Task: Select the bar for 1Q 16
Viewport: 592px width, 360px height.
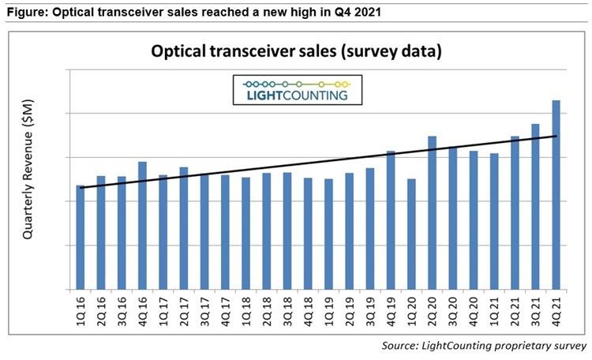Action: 81,238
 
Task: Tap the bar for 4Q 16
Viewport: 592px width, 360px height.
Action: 142,226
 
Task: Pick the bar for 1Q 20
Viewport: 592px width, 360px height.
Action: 411,234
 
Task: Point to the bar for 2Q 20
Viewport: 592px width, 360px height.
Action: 432,213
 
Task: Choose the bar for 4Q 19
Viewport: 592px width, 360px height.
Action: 391,220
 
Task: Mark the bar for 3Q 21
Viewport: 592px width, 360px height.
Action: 535,207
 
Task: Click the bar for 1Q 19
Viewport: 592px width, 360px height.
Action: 328,234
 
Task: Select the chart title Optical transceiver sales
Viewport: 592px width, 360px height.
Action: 296,53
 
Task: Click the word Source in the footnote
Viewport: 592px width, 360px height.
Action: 402,346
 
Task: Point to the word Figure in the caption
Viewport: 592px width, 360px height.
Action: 24,10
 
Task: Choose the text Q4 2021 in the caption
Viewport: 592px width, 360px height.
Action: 364,10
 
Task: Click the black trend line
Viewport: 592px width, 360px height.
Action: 316,162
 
